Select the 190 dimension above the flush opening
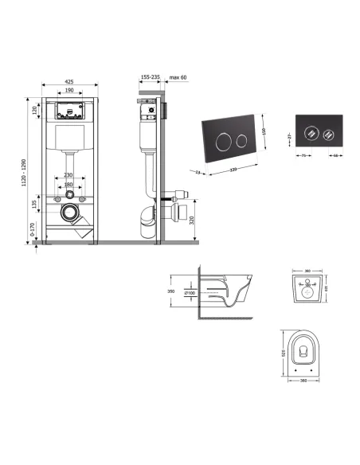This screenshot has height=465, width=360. [x=69, y=91]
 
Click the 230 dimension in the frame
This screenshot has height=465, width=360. [x=68, y=175]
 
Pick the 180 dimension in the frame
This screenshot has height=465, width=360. [x=68, y=185]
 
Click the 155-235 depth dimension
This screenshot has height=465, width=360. [x=150, y=78]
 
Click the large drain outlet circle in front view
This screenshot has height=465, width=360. [x=70, y=213]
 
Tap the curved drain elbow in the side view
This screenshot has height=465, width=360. [x=147, y=220]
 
